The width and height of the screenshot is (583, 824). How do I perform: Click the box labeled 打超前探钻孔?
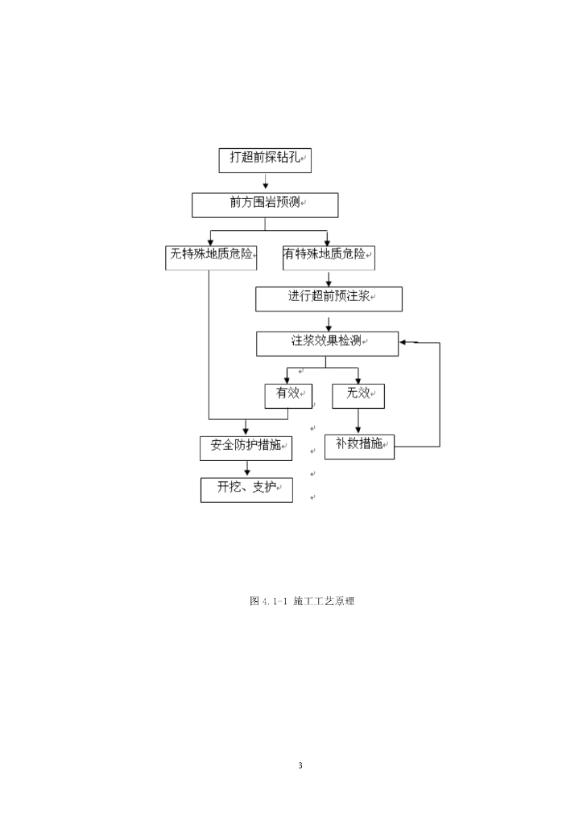(x=265, y=159)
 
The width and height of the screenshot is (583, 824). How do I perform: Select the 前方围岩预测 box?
(x=265, y=204)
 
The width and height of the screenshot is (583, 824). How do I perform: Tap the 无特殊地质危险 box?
(x=209, y=256)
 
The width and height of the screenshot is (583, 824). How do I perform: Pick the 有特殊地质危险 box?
(x=329, y=256)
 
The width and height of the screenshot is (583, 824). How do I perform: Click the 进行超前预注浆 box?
(x=329, y=299)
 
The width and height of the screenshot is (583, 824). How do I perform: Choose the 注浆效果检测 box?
(x=328, y=344)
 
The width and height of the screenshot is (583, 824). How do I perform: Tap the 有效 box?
(x=287, y=395)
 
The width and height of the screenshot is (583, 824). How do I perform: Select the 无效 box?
(x=358, y=395)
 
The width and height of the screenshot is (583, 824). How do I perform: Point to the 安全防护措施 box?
(x=246, y=447)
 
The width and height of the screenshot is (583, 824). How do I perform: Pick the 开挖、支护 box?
(x=246, y=489)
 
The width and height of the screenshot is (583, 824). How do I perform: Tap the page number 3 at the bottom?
(x=300, y=765)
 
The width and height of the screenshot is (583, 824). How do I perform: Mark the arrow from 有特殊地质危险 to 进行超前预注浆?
(x=329, y=278)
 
